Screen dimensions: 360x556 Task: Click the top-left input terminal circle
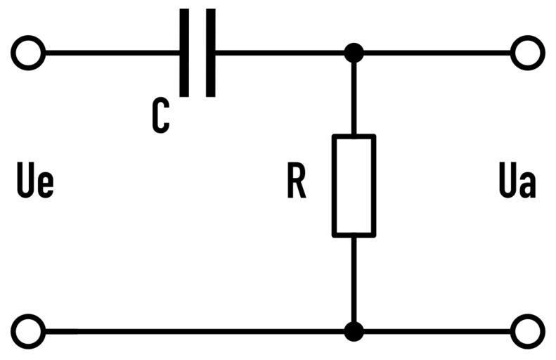coord(29,53)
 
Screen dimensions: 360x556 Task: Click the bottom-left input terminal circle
coord(29,330)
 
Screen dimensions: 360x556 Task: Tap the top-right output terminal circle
coord(526,53)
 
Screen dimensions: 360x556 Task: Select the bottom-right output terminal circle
coord(526,330)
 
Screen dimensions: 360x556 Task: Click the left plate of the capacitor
coord(184,53)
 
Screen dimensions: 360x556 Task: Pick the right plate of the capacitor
coord(210,53)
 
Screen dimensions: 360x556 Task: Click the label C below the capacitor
coord(160,116)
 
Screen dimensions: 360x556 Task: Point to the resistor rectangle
coord(354,185)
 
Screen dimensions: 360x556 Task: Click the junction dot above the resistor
coord(354,53)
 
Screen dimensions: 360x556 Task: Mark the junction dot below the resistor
coord(354,330)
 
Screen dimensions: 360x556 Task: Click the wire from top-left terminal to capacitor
coord(112,53)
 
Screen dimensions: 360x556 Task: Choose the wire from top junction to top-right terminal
coord(436,53)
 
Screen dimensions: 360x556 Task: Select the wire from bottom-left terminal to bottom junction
coord(190,330)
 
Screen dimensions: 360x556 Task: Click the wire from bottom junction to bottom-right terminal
coord(436,330)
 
